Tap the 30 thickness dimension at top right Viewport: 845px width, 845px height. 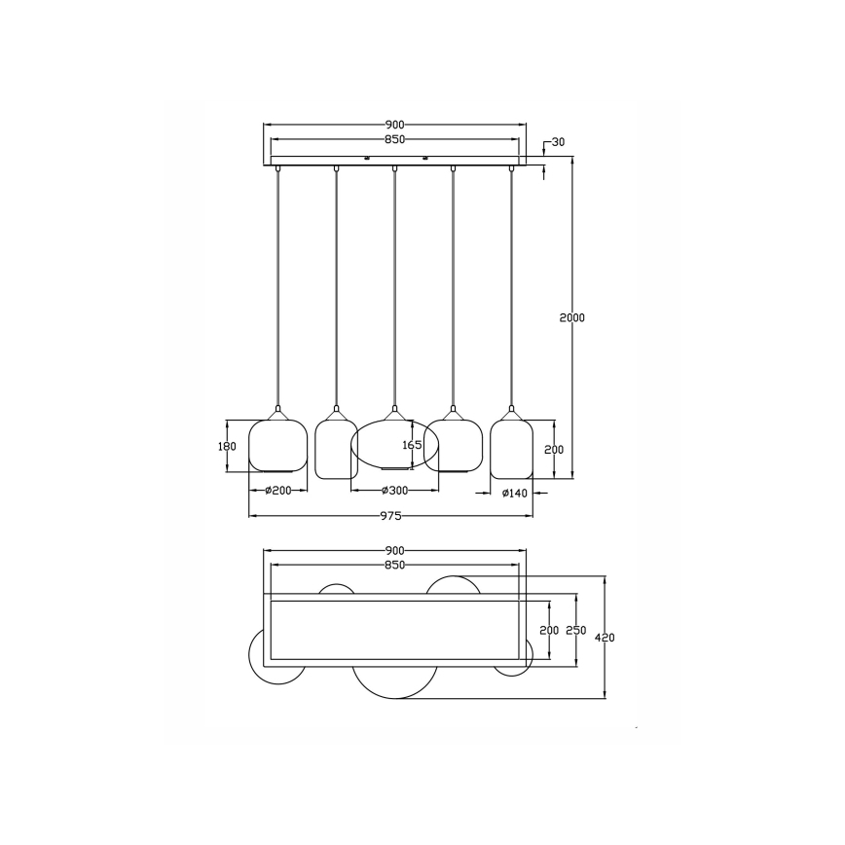pos(558,142)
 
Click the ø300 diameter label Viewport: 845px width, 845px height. pos(394,492)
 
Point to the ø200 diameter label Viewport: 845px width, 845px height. pos(277,492)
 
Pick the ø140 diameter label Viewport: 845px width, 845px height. pos(513,494)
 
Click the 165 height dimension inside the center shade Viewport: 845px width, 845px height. pos(412,445)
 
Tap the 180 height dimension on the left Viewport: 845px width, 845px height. pos(227,446)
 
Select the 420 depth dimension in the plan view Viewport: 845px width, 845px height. pos(605,638)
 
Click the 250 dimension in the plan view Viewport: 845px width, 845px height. pos(575,631)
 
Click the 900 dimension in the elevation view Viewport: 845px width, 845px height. pos(394,125)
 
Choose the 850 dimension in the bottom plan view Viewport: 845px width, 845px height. pos(394,565)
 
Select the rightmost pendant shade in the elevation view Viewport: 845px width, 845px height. pos(510,448)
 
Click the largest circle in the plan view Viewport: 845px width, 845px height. pos(394,677)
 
